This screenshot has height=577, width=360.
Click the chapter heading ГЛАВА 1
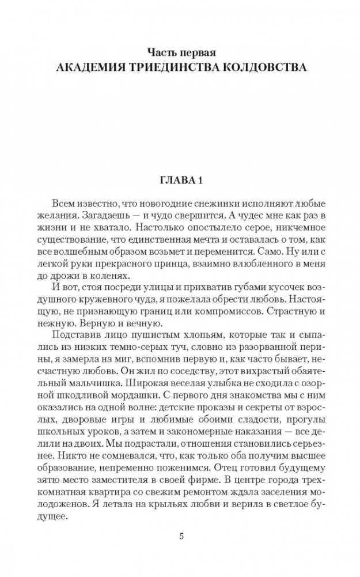(x=180, y=180)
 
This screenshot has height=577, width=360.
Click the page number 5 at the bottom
(x=180, y=537)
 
